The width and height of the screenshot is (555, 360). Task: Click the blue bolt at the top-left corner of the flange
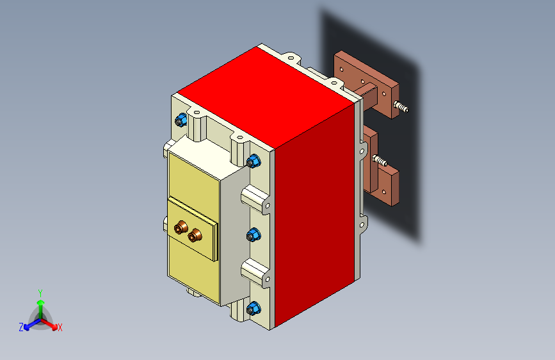tap(181, 120)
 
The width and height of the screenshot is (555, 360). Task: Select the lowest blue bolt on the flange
tap(253, 308)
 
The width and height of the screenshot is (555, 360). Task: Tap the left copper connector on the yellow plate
tap(182, 227)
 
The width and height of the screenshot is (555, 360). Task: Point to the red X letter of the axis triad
tap(60, 327)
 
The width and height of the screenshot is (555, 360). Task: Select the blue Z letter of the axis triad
tap(21, 327)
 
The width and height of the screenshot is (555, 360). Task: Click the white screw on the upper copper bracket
tap(401, 107)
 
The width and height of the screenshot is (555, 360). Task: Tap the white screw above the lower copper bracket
tap(379, 160)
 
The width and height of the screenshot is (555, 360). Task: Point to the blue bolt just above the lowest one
tap(253, 235)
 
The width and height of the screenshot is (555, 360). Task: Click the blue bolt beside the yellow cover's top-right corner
tap(253, 160)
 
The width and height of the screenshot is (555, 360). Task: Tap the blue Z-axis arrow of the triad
tap(29, 323)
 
